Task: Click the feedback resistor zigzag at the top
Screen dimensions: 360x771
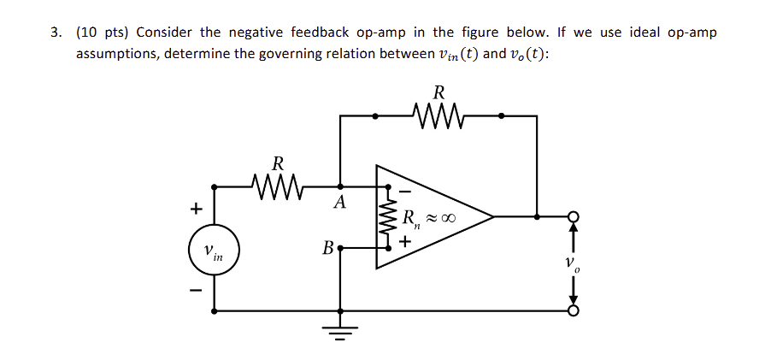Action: [438, 115]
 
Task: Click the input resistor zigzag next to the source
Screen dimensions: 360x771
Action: [276, 184]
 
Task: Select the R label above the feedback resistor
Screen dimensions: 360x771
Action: [439, 91]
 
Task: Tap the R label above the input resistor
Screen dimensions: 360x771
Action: [277, 162]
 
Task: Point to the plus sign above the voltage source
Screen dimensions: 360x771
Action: [197, 208]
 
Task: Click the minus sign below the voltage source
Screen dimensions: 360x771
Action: [197, 293]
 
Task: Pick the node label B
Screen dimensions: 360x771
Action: [328, 249]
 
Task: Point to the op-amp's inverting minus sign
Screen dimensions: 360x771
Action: [406, 189]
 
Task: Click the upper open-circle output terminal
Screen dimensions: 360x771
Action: [574, 217]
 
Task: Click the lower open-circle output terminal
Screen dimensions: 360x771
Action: [574, 311]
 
